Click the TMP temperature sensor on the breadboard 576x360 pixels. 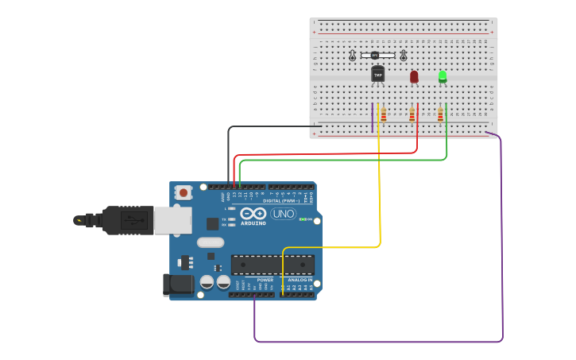point(377,75)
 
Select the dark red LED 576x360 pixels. point(414,76)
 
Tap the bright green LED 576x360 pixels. point(443,76)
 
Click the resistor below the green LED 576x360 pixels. point(440,115)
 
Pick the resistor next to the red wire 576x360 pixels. point(412,115)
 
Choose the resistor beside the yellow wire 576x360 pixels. point(384,115)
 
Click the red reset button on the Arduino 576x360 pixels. point(184,192)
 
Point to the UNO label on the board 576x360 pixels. point(283,214)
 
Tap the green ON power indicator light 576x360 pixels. point(303,219)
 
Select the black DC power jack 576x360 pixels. point(176,285)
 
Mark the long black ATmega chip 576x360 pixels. point(272,265)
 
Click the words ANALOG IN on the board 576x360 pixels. point(298,280)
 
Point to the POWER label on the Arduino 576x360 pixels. point(265,280)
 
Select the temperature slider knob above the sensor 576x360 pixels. point(374,55)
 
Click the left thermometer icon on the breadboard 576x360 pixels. point(353,56)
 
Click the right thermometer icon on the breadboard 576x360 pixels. point(404,56)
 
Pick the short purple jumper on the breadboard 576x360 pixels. point(372,117)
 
